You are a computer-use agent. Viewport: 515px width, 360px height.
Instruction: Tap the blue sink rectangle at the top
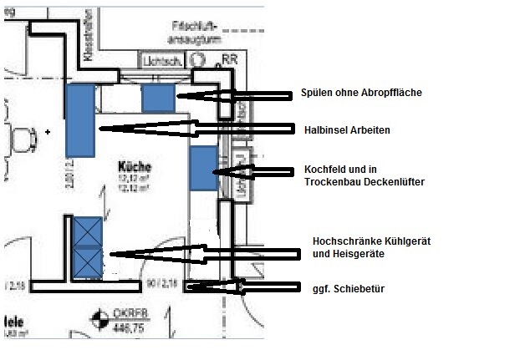pyautogui.click(x=157, y=98)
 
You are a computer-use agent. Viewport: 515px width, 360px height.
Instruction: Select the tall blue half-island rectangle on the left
pyautogui.click(x=79, y=119)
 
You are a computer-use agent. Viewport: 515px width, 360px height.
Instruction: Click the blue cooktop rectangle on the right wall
pyautogui.click(x=202, y=168)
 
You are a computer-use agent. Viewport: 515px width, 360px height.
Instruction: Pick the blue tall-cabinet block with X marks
pyautogui.click(x=87, y=246)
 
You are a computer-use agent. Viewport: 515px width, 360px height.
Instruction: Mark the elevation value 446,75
pyautogui.click(x=123, y=329)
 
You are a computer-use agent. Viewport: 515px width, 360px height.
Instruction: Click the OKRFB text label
pyautogui.click(x=124, y=317)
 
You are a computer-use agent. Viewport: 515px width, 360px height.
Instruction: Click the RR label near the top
pyautogui.click(x=230, y=59)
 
